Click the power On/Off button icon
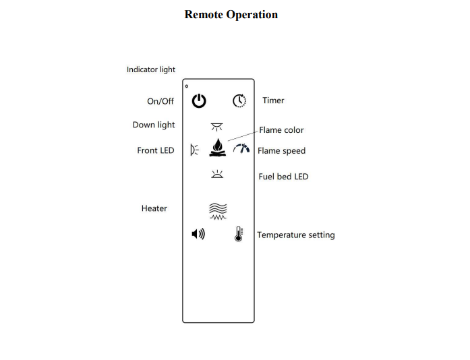pyautogui.click(x=199, y=101)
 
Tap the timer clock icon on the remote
pyautogui.click(x=239, y=101)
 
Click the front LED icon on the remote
pyautogui.click(x=195, y=150)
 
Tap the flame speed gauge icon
pyautogui.click(x=241, y=149)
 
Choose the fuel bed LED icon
pyautogui.click(x=217, y=175)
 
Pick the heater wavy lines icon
pyautogui.click(x=218, y=211)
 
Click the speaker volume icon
pyautogui.click(x=198, y=234)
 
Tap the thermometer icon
pyautogui.click(x=239, y=234)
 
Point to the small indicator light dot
pyautogui.click(x=187, y=86)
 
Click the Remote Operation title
pyautogui.click(x=231, y=14)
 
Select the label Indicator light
pyautogui.click(x=151, y=69)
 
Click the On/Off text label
pyautogui.click(x=160, y=101)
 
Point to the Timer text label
pyautogui.click(x=273, y=100)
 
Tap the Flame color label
pyautogui.click(x=281, y=130)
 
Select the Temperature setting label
pyautogui.click(x=295, y=235)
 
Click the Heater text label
pyautogui.click(x=154, y=208)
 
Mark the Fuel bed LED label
pyautogui.click(x=283, y=177)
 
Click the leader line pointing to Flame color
pyautogui.click(x=243, y=136)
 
